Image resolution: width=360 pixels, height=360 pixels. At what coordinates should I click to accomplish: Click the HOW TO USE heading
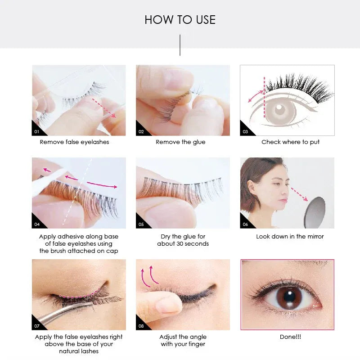pyautogui.click(x=180, y=20)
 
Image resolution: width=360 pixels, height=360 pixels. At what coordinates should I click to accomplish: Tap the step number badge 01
pyautogui.click(x=36, y=132)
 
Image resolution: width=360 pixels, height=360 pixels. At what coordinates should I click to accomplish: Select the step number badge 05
pyautogui.click(x=141, y=224)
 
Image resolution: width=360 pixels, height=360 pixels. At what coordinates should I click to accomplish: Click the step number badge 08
pyautogui.click(x=141, y=326)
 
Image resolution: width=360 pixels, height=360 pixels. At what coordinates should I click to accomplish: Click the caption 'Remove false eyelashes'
pyautogui.click(x=74, y=142)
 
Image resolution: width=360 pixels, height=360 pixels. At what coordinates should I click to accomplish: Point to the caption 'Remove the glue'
pyautogui.click(x=180, y=142)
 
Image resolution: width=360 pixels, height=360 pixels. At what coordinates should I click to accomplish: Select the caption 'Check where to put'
pyautogui.click(x=290, y=142)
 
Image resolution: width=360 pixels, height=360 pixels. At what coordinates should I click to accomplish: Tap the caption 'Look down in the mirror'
pyautogui.click(x=290, y=236)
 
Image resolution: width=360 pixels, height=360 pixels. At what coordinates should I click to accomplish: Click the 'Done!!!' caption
pyautogui.click(x=290, y=337)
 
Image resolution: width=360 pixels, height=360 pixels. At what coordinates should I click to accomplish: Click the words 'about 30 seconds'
pyautogui.click(x=183, y=244)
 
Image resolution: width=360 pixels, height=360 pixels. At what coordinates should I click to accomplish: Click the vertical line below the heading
pyautogui.click(x=180, y=45)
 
